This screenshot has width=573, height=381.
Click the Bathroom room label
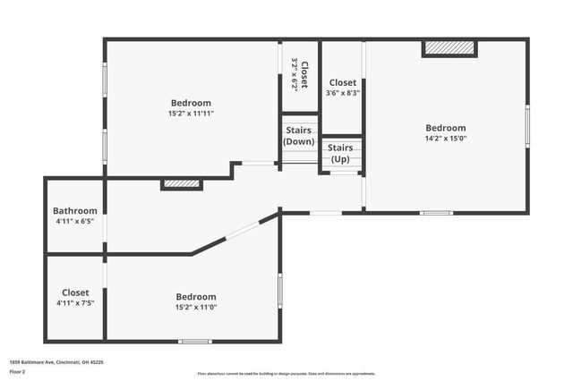tap(75, 211)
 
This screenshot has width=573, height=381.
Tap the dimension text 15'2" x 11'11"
tap(191, 114)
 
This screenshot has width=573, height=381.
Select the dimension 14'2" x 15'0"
tap(446, 139)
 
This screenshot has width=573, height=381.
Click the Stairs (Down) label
tap(299, 136)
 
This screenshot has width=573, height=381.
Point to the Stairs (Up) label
tap(341, 153)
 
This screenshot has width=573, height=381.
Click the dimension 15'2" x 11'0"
tap(195, 307)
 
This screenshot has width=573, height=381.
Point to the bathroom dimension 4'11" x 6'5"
tap(75, 222)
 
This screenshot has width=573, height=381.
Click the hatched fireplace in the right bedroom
tap(449, 48)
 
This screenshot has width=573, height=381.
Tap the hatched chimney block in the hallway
tap(182, 184)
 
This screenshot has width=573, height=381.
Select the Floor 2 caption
tap(18, 370)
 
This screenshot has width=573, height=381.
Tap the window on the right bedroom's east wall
tap(527, 126)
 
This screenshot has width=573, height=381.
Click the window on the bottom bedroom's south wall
tap(194, 341)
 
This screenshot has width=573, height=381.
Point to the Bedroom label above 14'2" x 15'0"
tap(446, 128)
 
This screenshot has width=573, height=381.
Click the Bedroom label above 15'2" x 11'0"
tap(195, 297)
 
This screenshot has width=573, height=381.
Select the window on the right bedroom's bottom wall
tap(437, 213)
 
